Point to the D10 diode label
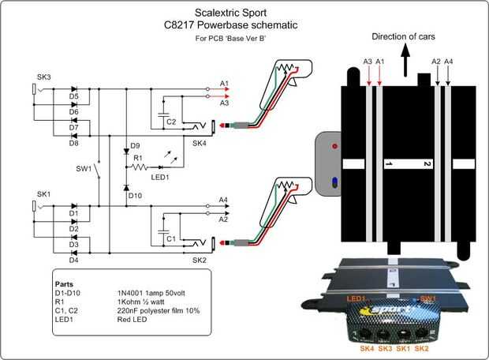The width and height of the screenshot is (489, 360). click(136, 194)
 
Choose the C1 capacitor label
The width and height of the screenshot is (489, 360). click(171, 237)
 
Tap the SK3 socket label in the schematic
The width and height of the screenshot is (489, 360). click(43, 77)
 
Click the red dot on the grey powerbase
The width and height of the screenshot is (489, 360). click(335, 147)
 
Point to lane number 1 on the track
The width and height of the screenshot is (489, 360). click(388, 164)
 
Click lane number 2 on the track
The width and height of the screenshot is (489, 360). click(426, 164)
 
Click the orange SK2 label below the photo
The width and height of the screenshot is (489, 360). click(423, 347)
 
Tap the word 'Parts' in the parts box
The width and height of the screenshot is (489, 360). click(64, 282)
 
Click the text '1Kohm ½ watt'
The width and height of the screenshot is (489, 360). click(154, 301)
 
